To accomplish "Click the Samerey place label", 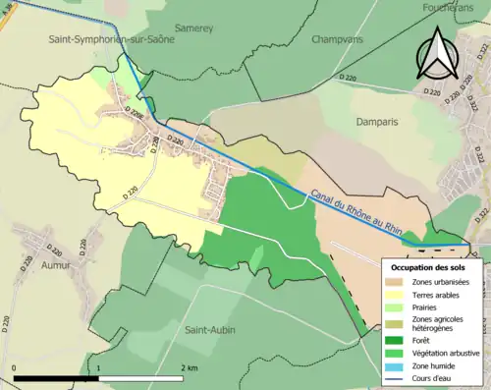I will [193, 28].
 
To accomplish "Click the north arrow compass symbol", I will [438, 53].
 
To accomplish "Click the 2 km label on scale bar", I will [188, 366].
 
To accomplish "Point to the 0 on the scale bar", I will [14, 366].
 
